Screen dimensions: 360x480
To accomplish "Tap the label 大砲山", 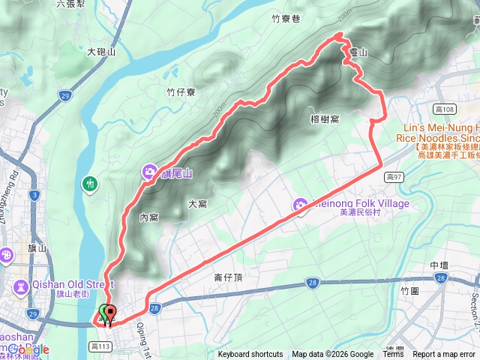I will pos(101,52).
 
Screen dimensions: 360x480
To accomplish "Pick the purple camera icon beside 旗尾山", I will pos(148,175).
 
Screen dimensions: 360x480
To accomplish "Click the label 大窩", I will pos(197,203).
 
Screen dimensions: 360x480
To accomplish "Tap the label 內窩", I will pos(149,217).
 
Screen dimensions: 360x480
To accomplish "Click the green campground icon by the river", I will pos(90,183).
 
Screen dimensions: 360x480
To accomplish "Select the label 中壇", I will pos(439,265).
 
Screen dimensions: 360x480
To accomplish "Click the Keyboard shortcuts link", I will pos(250,355).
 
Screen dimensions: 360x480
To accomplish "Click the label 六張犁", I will pos(70,4).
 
